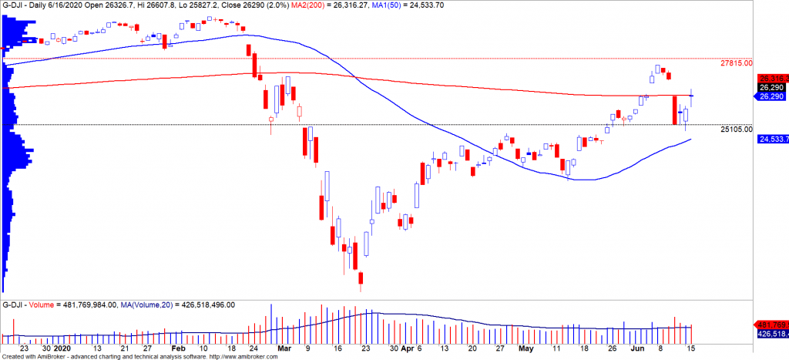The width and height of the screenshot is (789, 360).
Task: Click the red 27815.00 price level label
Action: click(x=736, y=63)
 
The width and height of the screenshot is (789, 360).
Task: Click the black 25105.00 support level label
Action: click(x=736, y=130)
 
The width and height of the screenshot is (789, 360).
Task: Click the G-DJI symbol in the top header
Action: click(x=16, y=5)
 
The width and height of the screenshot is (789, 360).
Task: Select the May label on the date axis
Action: click(x=525, y=348)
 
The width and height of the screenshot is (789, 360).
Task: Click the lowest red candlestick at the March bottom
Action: click(x=359, y=281)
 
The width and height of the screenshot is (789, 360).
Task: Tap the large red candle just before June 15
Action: click(x=675, y=109)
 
